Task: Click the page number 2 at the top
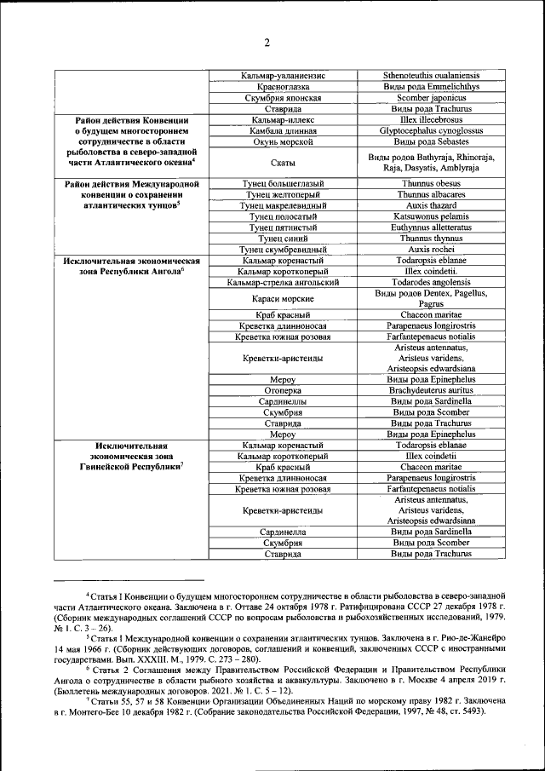click(x=267, y=43)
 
